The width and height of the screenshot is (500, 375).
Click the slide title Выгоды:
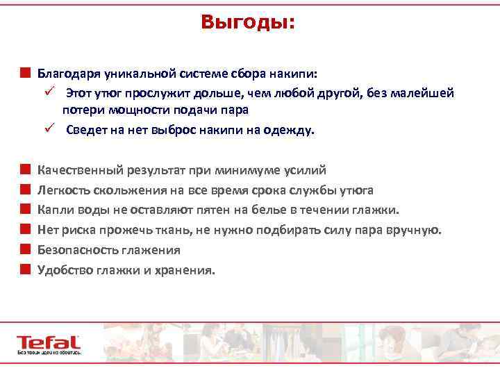pos(249,22)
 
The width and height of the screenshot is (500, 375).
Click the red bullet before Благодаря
pos(25,72)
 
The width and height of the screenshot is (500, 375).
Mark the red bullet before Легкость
pos(25,190)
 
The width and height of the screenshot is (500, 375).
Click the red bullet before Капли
pos(25,210)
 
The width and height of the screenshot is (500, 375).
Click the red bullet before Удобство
pos(25,269)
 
